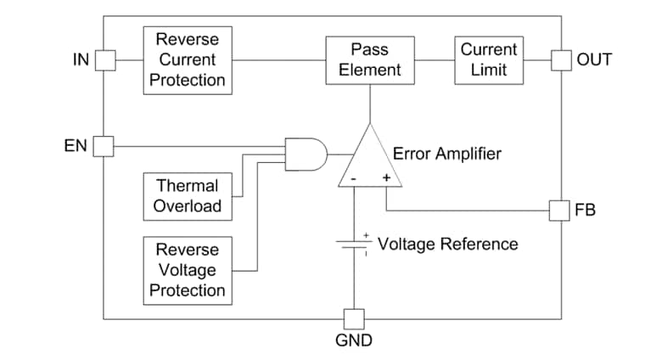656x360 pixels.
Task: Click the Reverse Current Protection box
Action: click(187, 59)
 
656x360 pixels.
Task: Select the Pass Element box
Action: click(369, 59)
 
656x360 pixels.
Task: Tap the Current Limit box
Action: click(488, 59)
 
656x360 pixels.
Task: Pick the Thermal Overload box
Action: click(187, 195)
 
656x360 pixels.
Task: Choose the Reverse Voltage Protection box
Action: click(187, 270)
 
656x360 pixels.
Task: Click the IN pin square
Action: click(104, 59)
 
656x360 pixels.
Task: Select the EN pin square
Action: click(104, 146)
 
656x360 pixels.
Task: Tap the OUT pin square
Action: click(561, 59)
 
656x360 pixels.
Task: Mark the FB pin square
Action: click(559, 210)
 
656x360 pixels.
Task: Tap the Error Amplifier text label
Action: click(446, 154)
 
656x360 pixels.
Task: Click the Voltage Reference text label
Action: click(447, 244)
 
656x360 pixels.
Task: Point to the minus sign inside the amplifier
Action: click(353, 178)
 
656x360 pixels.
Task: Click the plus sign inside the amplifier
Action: click(386, 178)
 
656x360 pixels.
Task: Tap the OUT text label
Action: click(594, 60)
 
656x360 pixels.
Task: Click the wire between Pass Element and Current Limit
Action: click(434, 59)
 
